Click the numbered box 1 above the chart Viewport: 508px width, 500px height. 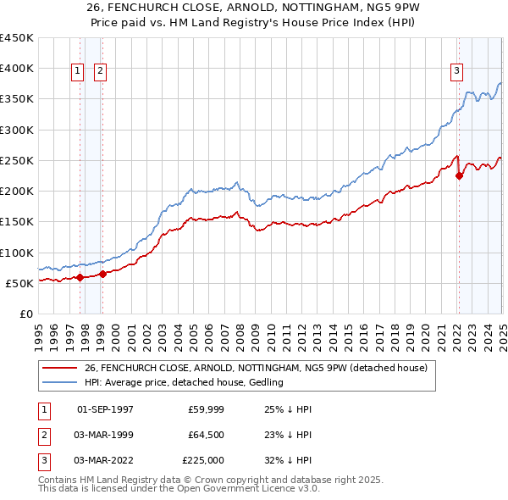click(77, 72)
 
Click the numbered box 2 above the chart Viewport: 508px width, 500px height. click(100, 72)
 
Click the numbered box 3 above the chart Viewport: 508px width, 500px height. click(456, 72)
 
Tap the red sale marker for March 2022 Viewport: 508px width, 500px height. click(460, 176)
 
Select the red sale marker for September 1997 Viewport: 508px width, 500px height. click(80, 277)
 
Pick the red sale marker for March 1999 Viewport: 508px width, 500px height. click(102, 274)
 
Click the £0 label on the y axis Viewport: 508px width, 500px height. click(25, 314)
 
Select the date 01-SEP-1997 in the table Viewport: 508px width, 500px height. click(105, 409)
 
